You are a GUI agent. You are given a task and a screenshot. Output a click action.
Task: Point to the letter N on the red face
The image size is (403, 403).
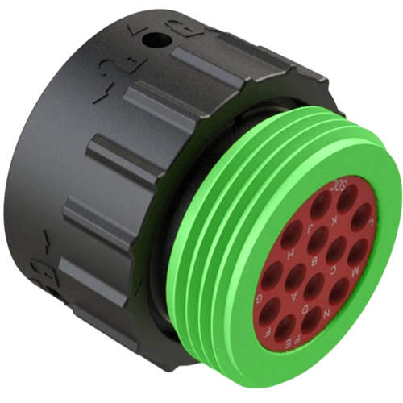pos(327,313)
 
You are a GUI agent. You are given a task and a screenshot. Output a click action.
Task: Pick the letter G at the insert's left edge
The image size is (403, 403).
pos(259,299)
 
